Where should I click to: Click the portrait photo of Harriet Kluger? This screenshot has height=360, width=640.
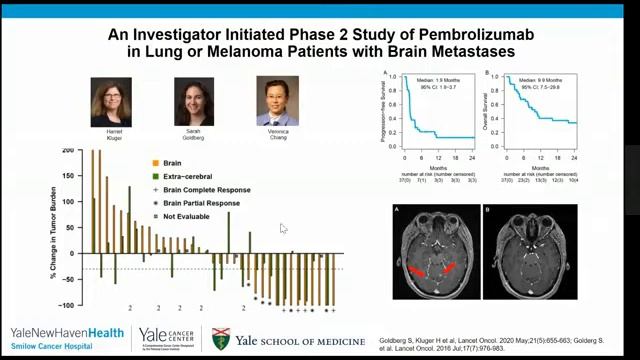pyautogui.click(x=111, y=101)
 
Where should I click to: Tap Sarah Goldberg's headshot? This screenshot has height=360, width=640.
pyautogui.click(x=194, y=101)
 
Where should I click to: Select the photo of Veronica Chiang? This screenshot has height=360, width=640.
pyautogui.click(x=277, y=100)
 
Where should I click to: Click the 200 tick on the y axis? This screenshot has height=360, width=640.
pyautogui.click(x=68, y=151)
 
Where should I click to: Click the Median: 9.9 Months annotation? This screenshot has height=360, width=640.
pyautogui.click(x=537, y=76)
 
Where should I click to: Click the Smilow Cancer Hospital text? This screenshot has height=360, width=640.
pyautogui.click(x=45, y=346)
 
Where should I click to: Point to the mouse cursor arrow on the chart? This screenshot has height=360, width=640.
pyautogui.click(x=283, y=228)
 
